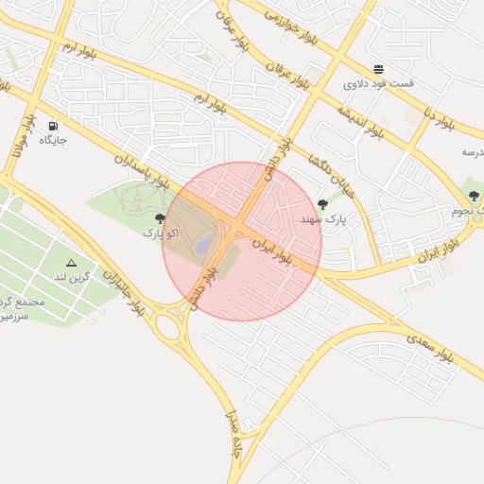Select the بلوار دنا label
coord(440,119)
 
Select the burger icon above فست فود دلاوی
coord(378,69)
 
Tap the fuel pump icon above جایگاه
coord(52,126)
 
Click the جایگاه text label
coord(52,141)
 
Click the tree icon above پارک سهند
coord(323,204)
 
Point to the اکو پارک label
coord(160,232)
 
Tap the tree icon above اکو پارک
coord(160,218)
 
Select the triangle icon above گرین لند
coord(71,262)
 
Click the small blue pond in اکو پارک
coord(204,245)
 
